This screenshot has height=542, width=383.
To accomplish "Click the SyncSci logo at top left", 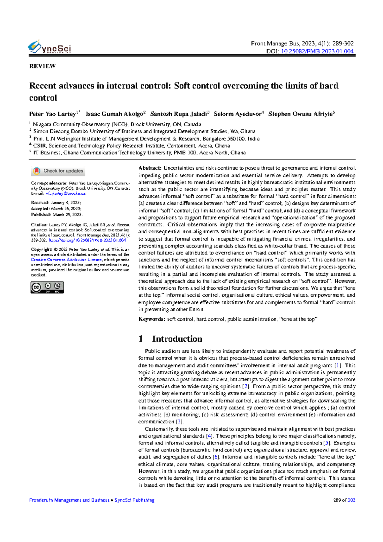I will pos(49,48).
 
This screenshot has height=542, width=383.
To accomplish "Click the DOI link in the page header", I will pos(317,51).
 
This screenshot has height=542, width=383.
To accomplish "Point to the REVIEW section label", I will pos(42,66).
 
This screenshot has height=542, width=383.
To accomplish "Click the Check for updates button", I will pos(58,171).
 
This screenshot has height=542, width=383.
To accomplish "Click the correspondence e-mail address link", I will pos(66,193).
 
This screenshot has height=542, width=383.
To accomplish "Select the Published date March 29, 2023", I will pos(67,214).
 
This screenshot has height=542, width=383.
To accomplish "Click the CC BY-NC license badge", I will pos(47,287).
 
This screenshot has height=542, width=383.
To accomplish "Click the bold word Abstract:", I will pos(150,168).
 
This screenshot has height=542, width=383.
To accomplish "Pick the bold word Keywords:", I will pos(152,319).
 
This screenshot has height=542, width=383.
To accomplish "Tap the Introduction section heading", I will pos(177,339).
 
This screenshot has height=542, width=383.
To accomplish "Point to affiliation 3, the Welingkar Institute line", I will pos(146,139).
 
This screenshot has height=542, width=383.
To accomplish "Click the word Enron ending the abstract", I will pos(195,309).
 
